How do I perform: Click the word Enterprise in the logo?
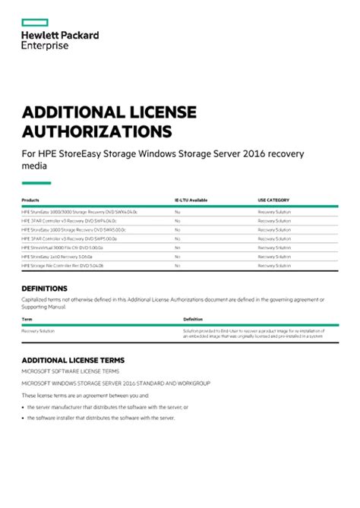tap(45, 46)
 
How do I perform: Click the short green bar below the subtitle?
tap(36, 182)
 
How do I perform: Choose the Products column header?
tap(30, 200)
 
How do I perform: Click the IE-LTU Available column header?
tap(191, 200)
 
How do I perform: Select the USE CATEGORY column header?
tap(273, 200)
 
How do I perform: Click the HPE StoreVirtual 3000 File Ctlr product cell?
tap(62, 248)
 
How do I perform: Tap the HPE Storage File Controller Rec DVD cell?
tap(62, 266)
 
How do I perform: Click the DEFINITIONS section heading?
tap(45, 289)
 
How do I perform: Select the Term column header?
tap(26, 319)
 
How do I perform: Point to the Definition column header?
tap(193, 319)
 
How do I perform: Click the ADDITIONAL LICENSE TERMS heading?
tap(73, 360)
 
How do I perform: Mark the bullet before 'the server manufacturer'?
tap(23, 407)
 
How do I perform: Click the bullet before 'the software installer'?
tap(23, 418)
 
